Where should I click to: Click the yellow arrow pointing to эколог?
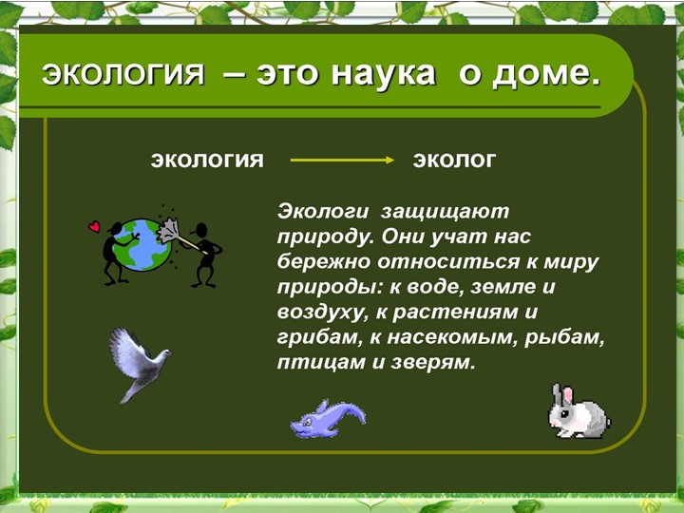(342, 160)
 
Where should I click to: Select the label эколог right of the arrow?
(454, 160)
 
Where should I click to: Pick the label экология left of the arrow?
(207, 160)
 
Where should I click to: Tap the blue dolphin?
(326, 418)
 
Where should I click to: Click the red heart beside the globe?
(94, 227)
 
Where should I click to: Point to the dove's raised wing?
(127, 346)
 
